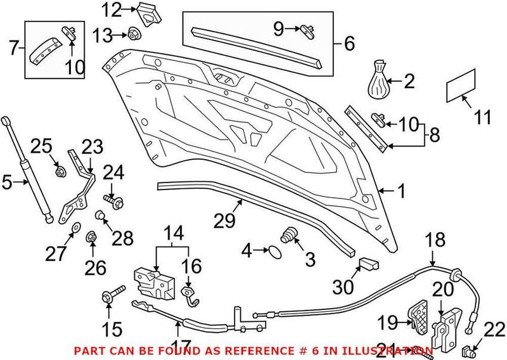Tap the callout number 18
click(x=436, y=240)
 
